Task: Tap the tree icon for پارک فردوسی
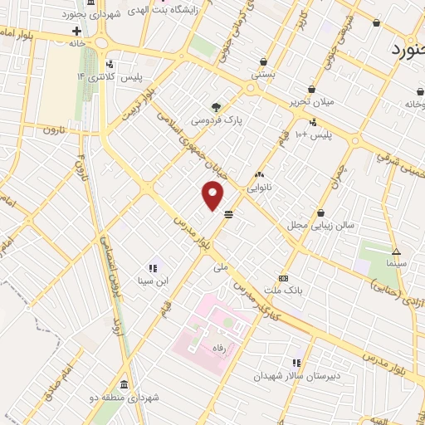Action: tap(217, 107)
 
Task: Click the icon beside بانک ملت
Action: tap(284, 278)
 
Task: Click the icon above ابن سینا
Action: tap(153, 268)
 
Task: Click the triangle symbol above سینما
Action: tap(397, 252)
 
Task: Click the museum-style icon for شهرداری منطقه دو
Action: tap(124, 384)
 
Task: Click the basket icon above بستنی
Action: tap(263, 61)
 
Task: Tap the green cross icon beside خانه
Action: tap(76, 32)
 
